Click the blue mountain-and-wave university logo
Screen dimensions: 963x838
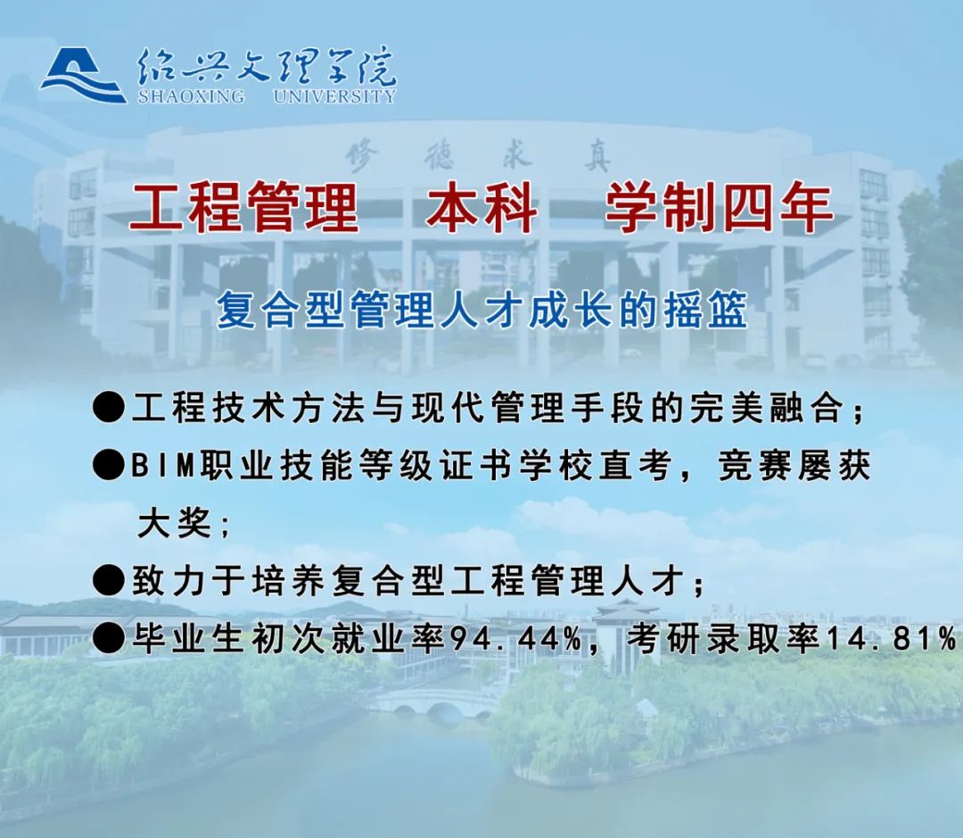tap(83, 76)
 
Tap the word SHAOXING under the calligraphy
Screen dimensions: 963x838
tap(191, 96)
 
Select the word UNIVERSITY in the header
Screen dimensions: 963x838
tap(335, 96)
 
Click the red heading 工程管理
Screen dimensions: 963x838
tap(243, 207)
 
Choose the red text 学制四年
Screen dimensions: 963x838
tap(720, 207)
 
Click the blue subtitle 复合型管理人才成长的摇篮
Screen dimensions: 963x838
tap(482, 310)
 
